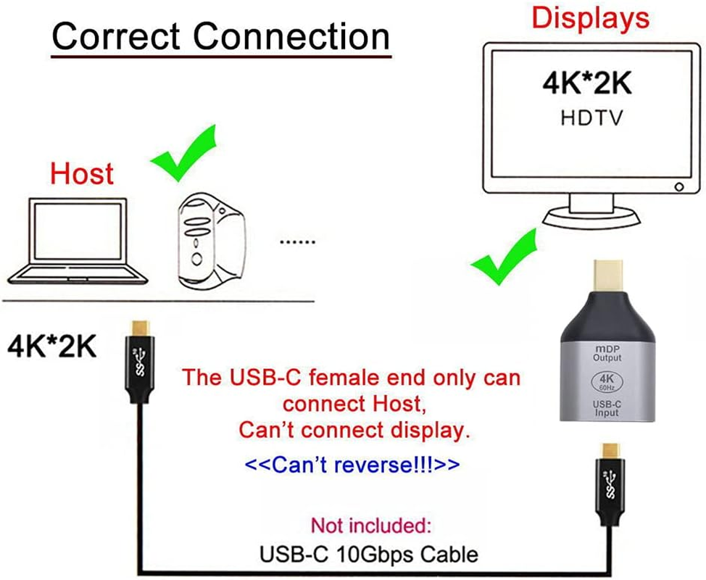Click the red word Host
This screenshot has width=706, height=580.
82,174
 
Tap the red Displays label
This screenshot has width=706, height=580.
590,18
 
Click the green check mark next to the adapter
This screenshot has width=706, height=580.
503,259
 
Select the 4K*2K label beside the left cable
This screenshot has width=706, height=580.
51,347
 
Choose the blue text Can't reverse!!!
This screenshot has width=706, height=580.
352,464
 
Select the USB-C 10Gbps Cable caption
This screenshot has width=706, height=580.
368,555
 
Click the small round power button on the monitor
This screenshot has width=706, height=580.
678,186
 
